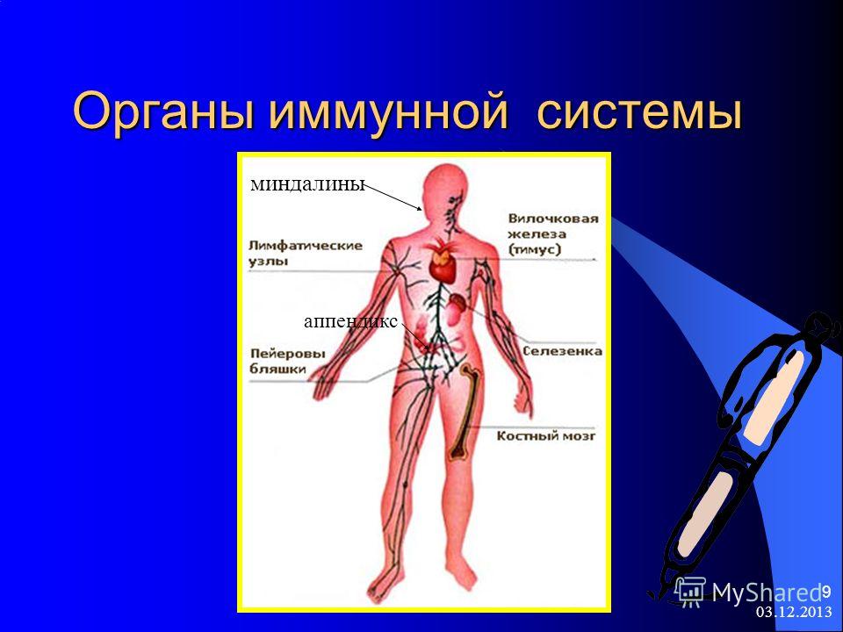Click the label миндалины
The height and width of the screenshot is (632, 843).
[x=308, y=184]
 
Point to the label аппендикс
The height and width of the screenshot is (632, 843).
[x=351, y=321]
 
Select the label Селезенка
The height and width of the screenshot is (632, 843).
[x=562, y=351]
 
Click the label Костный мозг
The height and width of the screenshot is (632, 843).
[x=545, y=436]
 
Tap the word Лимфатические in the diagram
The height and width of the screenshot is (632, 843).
[x=306, y=246]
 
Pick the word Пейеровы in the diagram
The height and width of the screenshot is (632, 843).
[x=288, y=354]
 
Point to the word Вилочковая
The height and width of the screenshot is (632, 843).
[x=553, y=219]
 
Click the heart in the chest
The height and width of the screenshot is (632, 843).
[x=443, y=262]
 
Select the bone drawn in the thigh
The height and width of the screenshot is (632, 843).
[x=464, y=411]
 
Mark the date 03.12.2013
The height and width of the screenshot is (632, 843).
[x=794, y=612]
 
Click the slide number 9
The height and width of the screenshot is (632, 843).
[x=826, y=591]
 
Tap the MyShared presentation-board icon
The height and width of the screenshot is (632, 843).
[x=690, y=591]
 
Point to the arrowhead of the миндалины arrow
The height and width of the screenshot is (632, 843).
[x=421, y=209]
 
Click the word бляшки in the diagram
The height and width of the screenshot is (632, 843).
[x=277, y=370]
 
